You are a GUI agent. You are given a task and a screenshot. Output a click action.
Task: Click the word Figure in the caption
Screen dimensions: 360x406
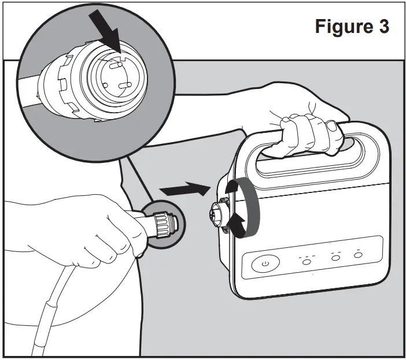[341, 28]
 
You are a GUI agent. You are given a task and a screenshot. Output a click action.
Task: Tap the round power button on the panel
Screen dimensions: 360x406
[265, 264]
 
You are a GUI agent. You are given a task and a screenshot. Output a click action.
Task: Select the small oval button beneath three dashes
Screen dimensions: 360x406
[306, 262]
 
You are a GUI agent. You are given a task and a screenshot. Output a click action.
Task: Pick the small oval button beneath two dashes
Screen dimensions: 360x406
[335, 259]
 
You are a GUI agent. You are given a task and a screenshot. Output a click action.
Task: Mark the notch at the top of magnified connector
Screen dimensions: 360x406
[123, 57]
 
